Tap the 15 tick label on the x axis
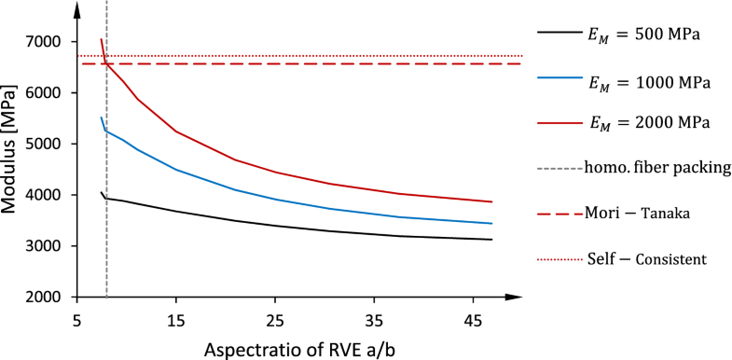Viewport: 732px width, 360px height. pyautogui.click(x=176, y=319)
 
